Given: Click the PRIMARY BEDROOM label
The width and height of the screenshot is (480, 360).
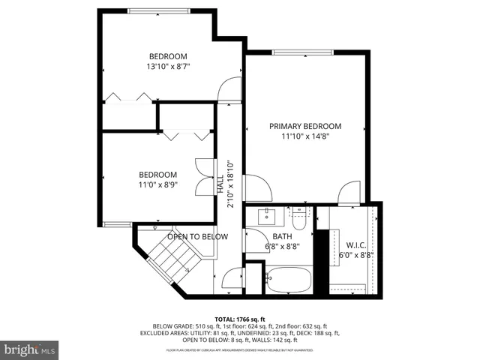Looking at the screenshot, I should point(305,126).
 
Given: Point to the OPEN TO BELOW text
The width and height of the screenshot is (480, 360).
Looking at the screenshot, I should point(197,236).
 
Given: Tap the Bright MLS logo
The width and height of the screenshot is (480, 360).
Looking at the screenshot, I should point(30,349).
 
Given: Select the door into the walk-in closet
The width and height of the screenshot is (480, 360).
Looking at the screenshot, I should point(347,193).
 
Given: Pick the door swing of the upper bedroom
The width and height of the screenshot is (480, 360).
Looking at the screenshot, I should point(225,91).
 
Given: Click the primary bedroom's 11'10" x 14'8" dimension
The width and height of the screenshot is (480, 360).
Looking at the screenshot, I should point(305,136).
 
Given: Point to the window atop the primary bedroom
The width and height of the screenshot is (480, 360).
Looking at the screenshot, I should point(303,52).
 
